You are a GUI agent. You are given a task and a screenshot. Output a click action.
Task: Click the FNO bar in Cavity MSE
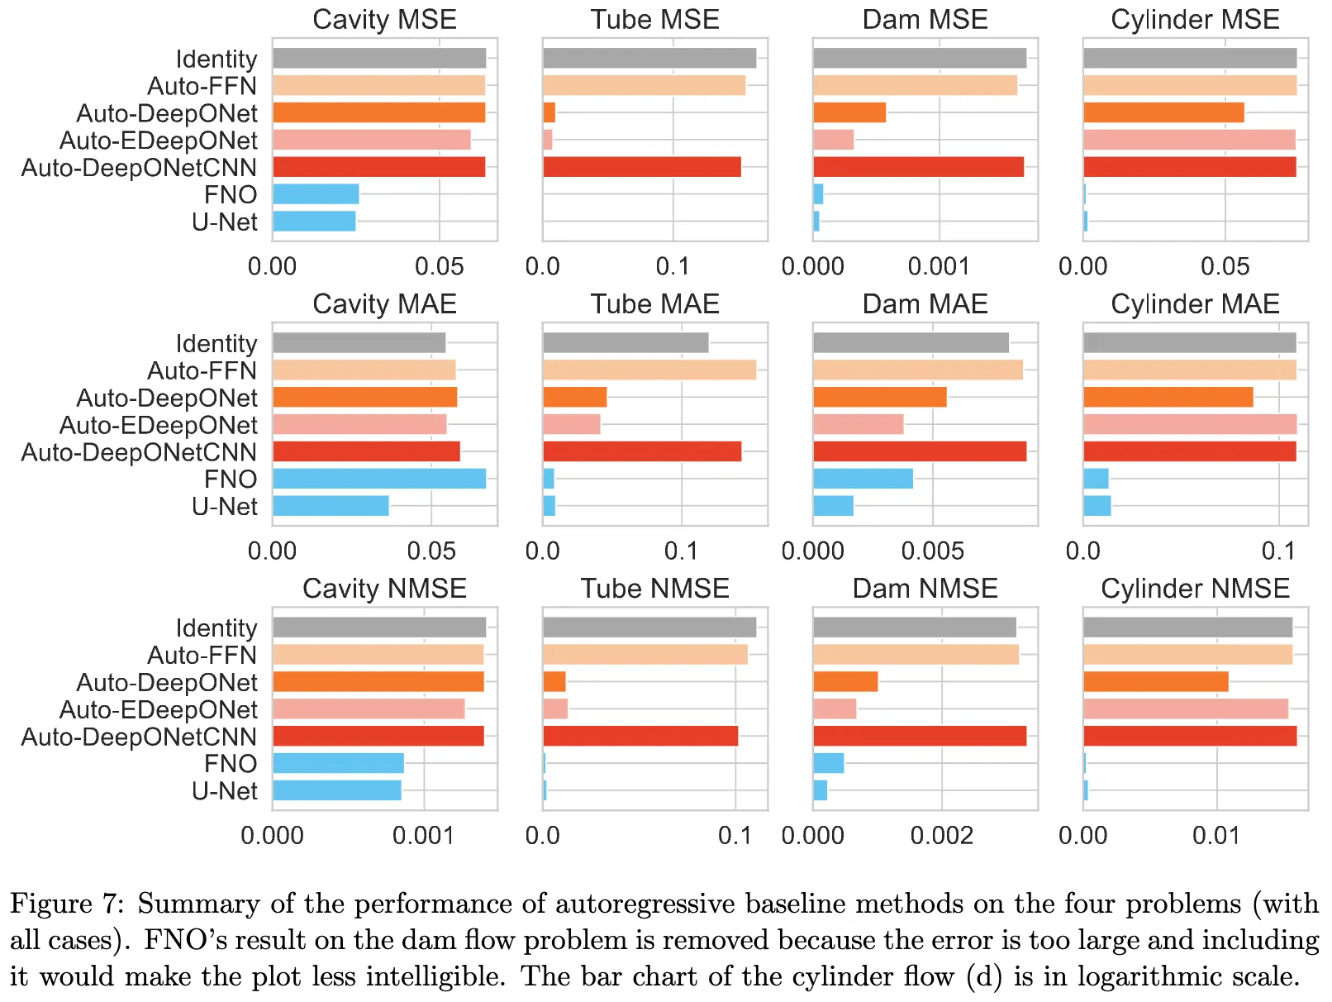[x=316, y=194]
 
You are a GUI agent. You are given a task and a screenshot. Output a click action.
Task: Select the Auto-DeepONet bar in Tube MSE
[x=549, y=112]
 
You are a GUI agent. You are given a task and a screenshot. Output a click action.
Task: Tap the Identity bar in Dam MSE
[x=920, y=58]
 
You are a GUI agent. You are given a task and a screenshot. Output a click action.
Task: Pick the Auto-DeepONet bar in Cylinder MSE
[x=1163, y=112]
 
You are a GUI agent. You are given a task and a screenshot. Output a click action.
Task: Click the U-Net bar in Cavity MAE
[x=331, y=506]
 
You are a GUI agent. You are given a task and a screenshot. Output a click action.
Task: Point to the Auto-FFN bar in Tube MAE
[x=649, y=370]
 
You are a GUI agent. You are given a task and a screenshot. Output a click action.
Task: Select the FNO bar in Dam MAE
[x=863, y=479]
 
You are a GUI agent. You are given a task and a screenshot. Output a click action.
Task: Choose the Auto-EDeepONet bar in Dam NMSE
[x=835, y=709]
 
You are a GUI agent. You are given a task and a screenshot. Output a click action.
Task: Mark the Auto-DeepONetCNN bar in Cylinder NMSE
[x=1190, y=736]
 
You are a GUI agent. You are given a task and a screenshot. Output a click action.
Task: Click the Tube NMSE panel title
[x=654, y=589]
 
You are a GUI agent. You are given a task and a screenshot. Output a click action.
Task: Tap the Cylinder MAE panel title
[x=1195, y=304]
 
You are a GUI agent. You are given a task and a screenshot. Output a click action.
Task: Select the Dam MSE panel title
[x=925, y=20]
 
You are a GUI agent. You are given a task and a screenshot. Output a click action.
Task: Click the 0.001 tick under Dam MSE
[x=939, y=266]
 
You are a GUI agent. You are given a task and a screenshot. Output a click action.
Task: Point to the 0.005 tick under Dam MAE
[x=933, y=551]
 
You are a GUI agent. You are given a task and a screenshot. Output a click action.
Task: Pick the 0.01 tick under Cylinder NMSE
[x=1216, y=835]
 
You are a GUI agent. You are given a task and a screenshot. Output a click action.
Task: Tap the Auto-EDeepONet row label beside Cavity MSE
[x=158, y=141]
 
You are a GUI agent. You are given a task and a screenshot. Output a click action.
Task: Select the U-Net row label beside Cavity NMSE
[x=225, y=791]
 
